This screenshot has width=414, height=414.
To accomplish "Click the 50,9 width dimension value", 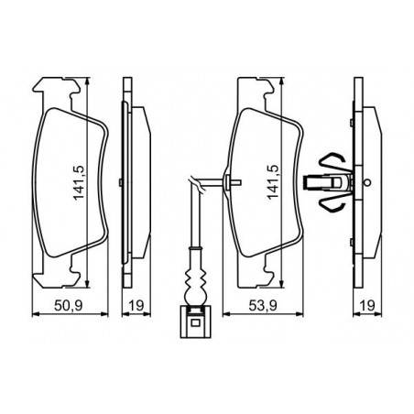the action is coord(69,305).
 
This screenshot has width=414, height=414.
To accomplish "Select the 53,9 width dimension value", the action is coord(263,305).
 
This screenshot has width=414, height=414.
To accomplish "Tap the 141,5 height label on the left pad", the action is coord(79,183).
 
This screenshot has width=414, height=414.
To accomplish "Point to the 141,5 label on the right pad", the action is coord(273,182).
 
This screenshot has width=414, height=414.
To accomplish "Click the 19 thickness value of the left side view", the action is coord(136,305).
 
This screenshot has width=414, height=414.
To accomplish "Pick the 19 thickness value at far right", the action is coord(367,305).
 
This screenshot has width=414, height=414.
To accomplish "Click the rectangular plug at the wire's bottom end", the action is coord(195,322).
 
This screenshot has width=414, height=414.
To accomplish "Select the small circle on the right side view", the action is coord(368,182).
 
